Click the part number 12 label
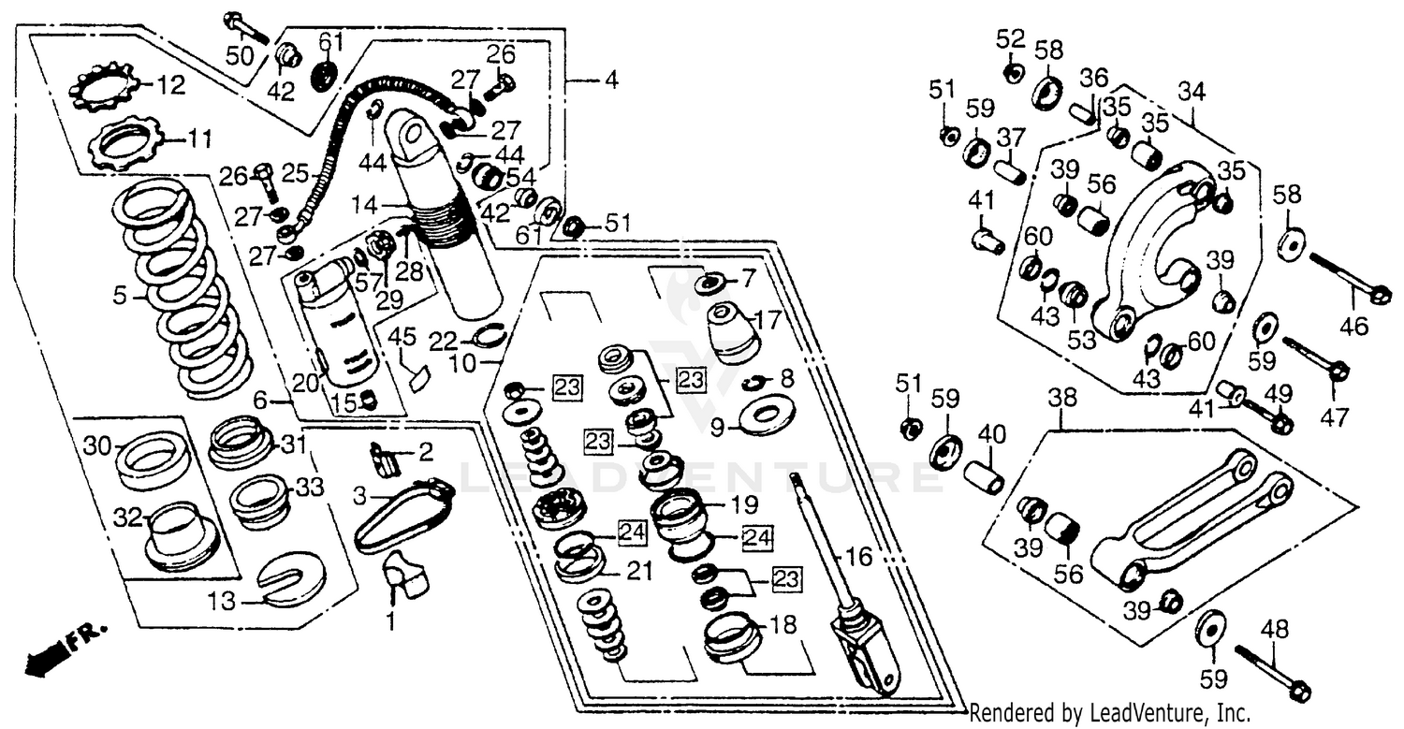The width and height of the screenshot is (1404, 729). coord(172,86)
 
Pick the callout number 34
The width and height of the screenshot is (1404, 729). coord(1192,92)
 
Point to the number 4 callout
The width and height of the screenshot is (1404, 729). coord(610,81)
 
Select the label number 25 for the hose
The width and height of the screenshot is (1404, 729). coord(295,173)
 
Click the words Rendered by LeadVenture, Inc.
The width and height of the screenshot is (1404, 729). coord(1109,713)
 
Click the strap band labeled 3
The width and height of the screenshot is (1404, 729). coord(402,515)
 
